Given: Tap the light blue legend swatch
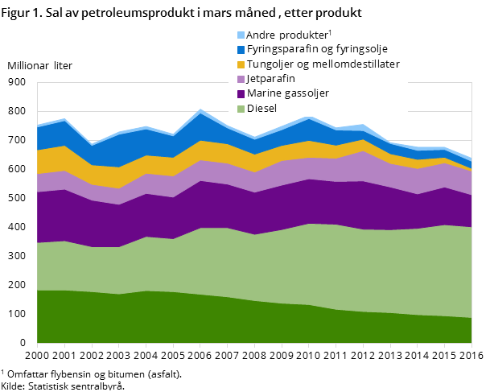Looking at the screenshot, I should point(241,35).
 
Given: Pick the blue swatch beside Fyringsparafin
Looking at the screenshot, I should point(241,50).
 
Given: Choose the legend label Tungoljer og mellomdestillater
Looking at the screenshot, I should point(323,64).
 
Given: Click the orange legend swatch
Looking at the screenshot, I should point(241,64).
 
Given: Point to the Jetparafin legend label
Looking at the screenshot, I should point(270,79).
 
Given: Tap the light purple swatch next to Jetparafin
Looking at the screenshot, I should point(241,79).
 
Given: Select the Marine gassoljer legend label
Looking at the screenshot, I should point(287,93).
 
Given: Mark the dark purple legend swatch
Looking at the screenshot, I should point(241,93).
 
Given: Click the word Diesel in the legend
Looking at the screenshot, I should point(261,108).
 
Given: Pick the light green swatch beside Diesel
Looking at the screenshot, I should point(241,108).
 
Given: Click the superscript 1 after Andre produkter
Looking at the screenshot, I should point(330,32).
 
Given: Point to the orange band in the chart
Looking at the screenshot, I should point(121,177).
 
